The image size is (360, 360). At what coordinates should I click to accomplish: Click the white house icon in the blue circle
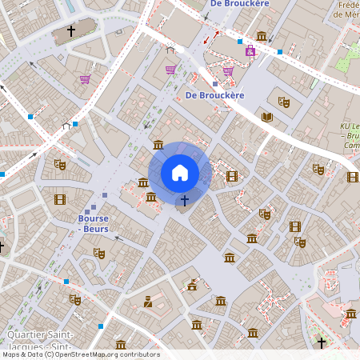pos(180,173)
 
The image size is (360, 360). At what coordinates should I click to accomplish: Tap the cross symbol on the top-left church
pos(70,31)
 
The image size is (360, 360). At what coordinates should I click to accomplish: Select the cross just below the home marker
pos(185,199)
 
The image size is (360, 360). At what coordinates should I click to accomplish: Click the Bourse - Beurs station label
pos(93,223)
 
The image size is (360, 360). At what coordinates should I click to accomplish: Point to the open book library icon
pos(267,118)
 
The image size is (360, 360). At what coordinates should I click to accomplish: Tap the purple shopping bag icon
pos(250,50)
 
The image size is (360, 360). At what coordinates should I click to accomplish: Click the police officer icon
pos(147,302)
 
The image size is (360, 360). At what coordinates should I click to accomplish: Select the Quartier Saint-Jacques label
pos(40,339)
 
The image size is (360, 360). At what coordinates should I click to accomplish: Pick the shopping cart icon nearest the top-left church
pos(85,79)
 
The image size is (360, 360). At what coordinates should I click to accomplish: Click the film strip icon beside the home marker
pos(232,176)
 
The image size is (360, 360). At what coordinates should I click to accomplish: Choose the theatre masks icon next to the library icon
pos(282,102)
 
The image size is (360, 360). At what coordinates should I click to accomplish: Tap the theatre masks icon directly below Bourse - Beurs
pos(99,253)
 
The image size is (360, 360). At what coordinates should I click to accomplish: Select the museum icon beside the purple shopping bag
pos(262,36)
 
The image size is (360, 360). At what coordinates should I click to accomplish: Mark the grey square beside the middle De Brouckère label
pos(215,83)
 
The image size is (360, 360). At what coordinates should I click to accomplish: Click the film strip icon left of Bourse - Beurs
pos(60,199)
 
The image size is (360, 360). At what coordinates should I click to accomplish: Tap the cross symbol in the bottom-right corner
pos(322,342)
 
